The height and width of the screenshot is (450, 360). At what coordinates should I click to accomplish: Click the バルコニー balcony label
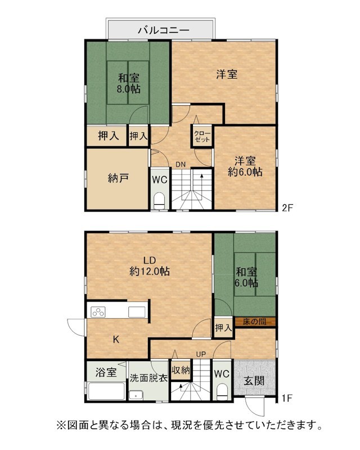click(163, 30)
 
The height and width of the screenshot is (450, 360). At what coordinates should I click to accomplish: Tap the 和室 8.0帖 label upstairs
click(129, 83)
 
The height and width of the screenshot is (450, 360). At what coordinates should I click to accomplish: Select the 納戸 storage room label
click(118, 178)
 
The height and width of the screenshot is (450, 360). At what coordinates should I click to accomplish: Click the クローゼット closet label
click(202, 137)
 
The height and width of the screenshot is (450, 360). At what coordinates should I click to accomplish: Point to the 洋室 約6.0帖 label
click(245, 166)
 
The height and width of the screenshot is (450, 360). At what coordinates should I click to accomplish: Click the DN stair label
click(181, 164)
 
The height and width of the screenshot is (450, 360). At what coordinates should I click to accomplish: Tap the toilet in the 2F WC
click(159, 201)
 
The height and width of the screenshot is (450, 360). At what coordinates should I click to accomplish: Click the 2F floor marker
click(287, 208)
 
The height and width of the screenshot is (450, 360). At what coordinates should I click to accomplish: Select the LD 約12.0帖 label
click(149, 265)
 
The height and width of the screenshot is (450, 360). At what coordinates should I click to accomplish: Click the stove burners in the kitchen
click(98, 312)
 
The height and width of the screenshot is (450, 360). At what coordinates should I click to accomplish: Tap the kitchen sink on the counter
click(137, 312)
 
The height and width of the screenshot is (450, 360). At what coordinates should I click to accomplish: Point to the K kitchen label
click(116, 340)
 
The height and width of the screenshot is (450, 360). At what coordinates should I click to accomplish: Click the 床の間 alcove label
click(255, 321)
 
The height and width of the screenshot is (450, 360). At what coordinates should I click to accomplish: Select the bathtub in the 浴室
click(106, 390)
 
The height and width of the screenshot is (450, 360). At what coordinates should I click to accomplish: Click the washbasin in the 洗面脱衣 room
click(136, 395)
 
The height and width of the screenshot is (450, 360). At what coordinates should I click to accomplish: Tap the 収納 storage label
click(181, 370)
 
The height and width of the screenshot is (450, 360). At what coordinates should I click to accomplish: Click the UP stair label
click(201, 354)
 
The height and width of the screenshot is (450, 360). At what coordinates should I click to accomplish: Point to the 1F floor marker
click(287, 398)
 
